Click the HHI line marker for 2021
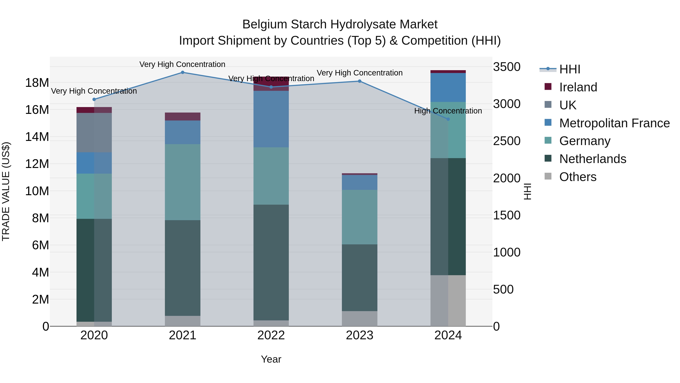pyautogui.click(x=182, y=72)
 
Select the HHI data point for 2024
pyautogui.click(x=448, y=119)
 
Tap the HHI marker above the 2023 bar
pyautogui.click(x=359, y=81)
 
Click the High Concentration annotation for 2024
pyautogui.click(x=448, y=111)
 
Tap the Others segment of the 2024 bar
pyautogui.click(x=448, y=301)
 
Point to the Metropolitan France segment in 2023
pyautogui.click(x=359, y=182)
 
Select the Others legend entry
pyautogui.click(x=578, y=177)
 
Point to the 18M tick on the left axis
pyautogui.click(x=37, y=83)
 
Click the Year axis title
pyautogui.click(x=271, y=359)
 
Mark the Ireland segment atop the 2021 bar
pyautogui.click(x=182, y=117)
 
